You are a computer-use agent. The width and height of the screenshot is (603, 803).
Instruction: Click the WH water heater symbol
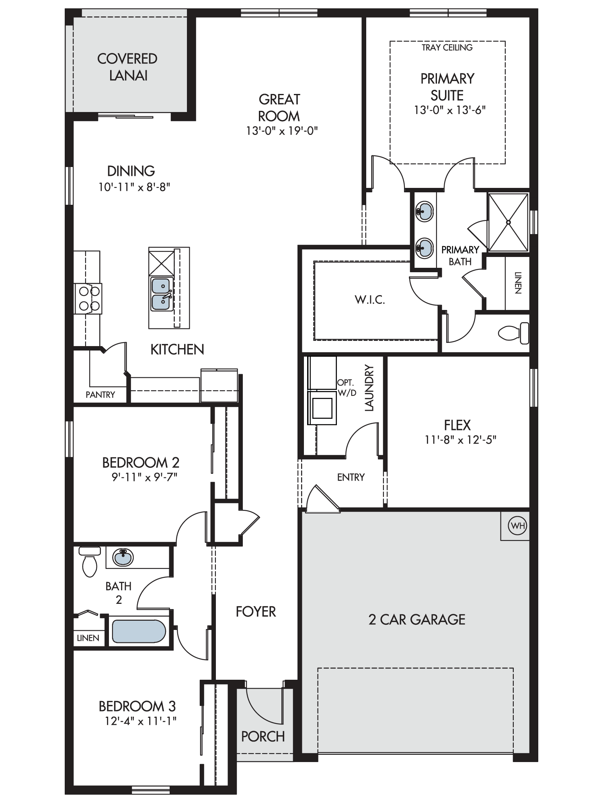517,525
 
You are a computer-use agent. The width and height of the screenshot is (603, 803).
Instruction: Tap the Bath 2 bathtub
139,631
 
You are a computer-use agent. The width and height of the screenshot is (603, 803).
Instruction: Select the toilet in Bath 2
90,561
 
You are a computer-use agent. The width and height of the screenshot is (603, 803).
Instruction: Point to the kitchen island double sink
162,294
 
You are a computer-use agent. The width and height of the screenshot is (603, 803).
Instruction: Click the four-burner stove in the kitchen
88,298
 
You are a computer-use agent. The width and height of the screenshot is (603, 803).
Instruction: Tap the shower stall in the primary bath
508,222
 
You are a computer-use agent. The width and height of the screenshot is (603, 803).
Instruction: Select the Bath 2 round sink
123,557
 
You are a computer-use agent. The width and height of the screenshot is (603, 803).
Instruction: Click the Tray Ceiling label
447,47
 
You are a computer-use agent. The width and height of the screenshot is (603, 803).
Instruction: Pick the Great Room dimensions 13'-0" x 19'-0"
282,130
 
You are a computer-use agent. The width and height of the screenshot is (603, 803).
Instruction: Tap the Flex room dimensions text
461,440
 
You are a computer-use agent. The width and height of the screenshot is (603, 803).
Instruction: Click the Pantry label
100,395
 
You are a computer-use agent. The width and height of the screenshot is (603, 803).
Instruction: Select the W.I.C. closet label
370,300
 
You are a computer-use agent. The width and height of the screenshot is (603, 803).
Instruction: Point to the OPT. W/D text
347,388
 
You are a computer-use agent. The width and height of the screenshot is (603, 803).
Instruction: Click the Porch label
263,736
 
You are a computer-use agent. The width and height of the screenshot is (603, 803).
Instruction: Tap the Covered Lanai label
127,67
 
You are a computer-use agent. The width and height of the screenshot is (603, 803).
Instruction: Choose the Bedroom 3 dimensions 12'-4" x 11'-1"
141,721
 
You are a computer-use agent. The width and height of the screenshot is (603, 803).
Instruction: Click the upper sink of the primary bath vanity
425,210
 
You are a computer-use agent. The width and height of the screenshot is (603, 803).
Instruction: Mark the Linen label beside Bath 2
88,638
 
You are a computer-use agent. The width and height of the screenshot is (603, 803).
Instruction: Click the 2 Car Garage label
417,620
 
